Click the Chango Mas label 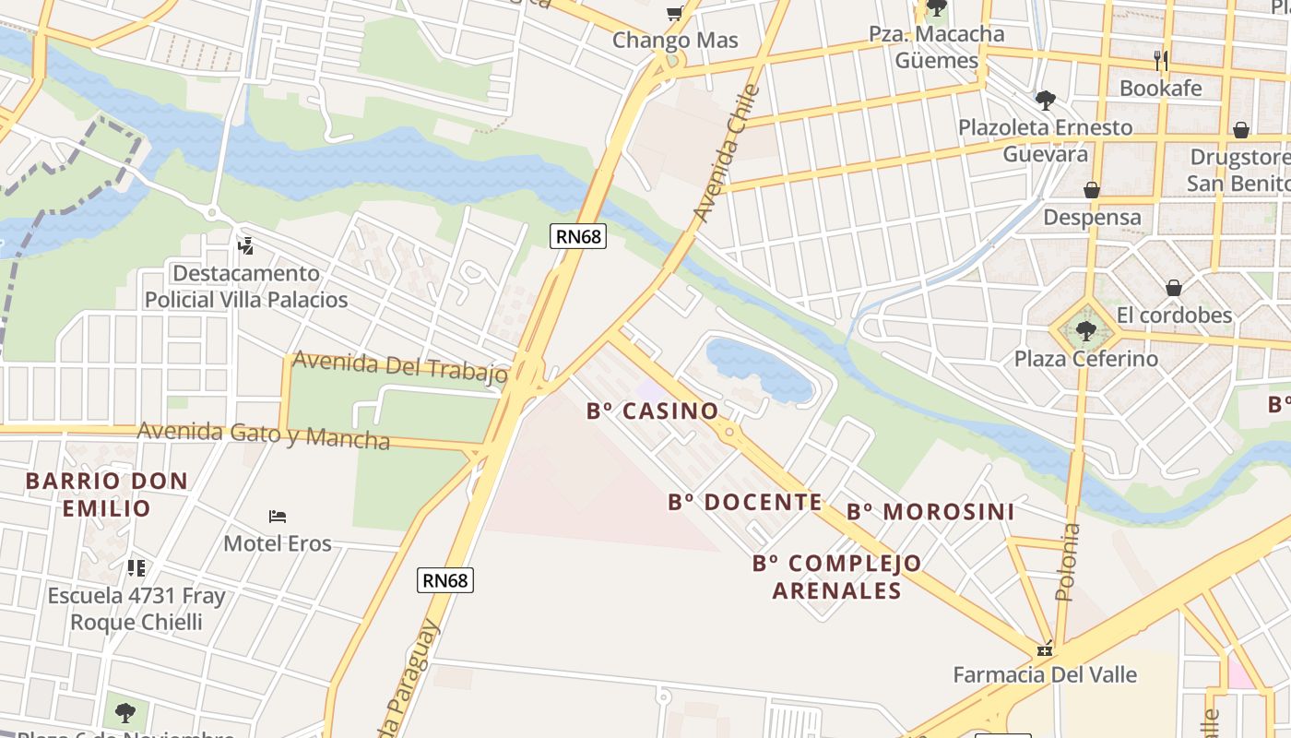[675, 40]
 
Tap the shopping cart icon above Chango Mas [674, 13]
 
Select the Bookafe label [1160, 89]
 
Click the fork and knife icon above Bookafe [1161, 61]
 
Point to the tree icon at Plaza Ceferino [1085, 329]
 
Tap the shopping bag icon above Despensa [1092, 190]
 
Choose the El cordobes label [1174, 315]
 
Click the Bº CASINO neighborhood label [652, 411]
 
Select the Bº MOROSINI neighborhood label [930, 511]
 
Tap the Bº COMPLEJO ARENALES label [836, 577]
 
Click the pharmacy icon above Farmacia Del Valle [1044, 649]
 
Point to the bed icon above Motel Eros [278, 516]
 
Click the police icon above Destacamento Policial [245, 246]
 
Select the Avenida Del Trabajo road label [399, 366]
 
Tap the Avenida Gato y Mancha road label [264, 434]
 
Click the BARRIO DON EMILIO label [107, 494]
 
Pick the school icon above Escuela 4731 [136, 567]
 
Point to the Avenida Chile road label [727, 153]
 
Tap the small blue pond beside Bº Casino [756, 368]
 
